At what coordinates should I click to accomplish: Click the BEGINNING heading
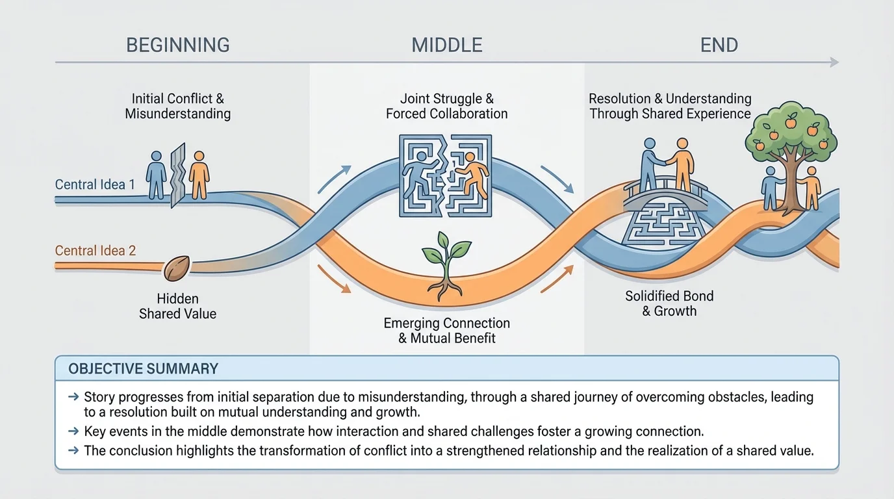pyautogui.click(x=177, y=45)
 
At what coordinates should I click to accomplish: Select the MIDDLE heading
pyautogui.click(x=446, y=45)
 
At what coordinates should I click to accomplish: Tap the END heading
pyautogui.click(x=719, y=45)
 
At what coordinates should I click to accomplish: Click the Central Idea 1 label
pyautogui.click(x=95, y=185)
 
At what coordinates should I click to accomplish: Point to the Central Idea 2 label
pyautogui.click(x=96, y=251)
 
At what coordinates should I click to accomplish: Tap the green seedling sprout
pyautogui.click(x=446, y=262)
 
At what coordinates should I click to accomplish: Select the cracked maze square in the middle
pyautogui.click(x=446, y=175)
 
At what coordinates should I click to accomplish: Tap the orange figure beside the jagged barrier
pyautogui.click(x=199, y=175)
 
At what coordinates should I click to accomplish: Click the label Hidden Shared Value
pyautogui.click(x=177, y=306)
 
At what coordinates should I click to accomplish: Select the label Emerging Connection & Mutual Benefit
pyautogui.click(x=446, y=331)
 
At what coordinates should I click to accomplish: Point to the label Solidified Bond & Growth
pyautogui.click(x=669, y=303)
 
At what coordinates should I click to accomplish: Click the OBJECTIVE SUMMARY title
pyautogui.click(x=143, y=369)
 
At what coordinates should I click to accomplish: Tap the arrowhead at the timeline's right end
pyautogui.click(x=834, y=62)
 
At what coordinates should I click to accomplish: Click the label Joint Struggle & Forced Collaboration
pyautogui.click(x=446, y=106)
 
